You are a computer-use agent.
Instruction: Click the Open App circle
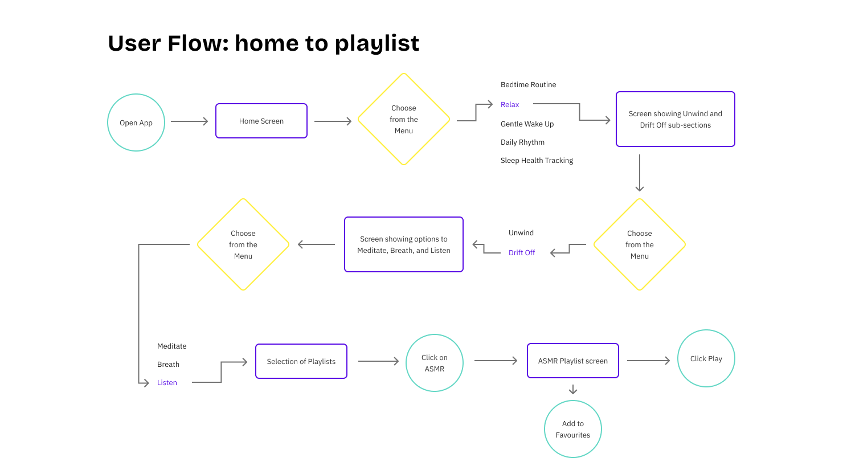136,122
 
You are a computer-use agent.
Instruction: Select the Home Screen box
261,121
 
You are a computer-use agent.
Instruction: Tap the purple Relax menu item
510,104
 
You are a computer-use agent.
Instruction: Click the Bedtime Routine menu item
528,84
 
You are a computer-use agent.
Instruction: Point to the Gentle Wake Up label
527,124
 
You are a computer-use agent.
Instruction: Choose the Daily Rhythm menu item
522,142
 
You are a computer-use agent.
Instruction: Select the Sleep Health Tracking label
537,160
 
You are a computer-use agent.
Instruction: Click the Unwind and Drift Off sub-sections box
675,119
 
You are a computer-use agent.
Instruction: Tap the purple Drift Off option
521,252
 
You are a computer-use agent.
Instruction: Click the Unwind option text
521,232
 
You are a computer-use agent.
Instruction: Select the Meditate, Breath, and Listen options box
404,244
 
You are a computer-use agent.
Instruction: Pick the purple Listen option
167,382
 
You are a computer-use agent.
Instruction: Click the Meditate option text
171,346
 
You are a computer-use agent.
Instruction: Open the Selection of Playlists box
301,361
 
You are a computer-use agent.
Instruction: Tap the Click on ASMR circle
435,363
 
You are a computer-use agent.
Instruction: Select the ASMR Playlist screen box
572,361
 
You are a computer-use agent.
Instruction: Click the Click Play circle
706,358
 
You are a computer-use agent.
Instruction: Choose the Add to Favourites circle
572,429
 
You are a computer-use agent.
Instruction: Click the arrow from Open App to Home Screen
190,121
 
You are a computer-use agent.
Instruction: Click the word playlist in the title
377,44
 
